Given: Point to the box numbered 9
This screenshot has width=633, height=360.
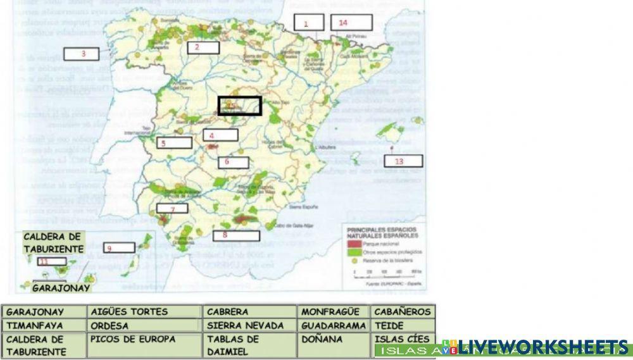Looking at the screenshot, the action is tap(118, 247).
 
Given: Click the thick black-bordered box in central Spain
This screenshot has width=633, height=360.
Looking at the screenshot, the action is tap(240, 106).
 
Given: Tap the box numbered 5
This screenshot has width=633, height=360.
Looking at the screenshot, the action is tap(175, 143).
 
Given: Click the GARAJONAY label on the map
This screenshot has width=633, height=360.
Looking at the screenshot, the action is tap(60, 287).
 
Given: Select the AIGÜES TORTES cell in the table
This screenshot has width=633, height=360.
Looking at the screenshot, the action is tap(145, 312).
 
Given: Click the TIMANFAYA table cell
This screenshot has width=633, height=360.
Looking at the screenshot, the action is tap(44, 326).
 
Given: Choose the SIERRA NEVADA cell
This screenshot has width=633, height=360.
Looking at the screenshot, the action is tap(250, 326).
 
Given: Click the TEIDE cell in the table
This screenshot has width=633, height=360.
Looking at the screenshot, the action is tap(403, 326).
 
